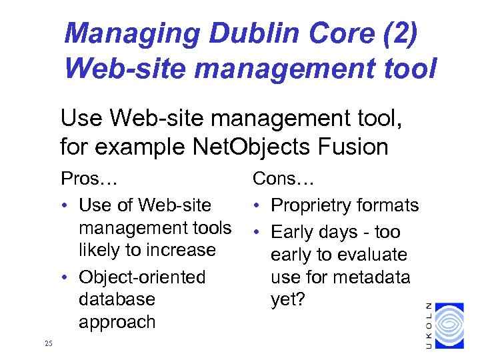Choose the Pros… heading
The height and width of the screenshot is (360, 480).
(x=88, y=179)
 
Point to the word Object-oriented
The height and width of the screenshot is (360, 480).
(x=142, y=277)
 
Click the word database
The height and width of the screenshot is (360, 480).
(x=116, y=299)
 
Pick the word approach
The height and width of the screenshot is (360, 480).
(x=117, y=322)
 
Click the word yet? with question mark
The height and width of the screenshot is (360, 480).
(x=287, y=300)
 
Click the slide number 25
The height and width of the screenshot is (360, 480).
(x=47, y=343)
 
